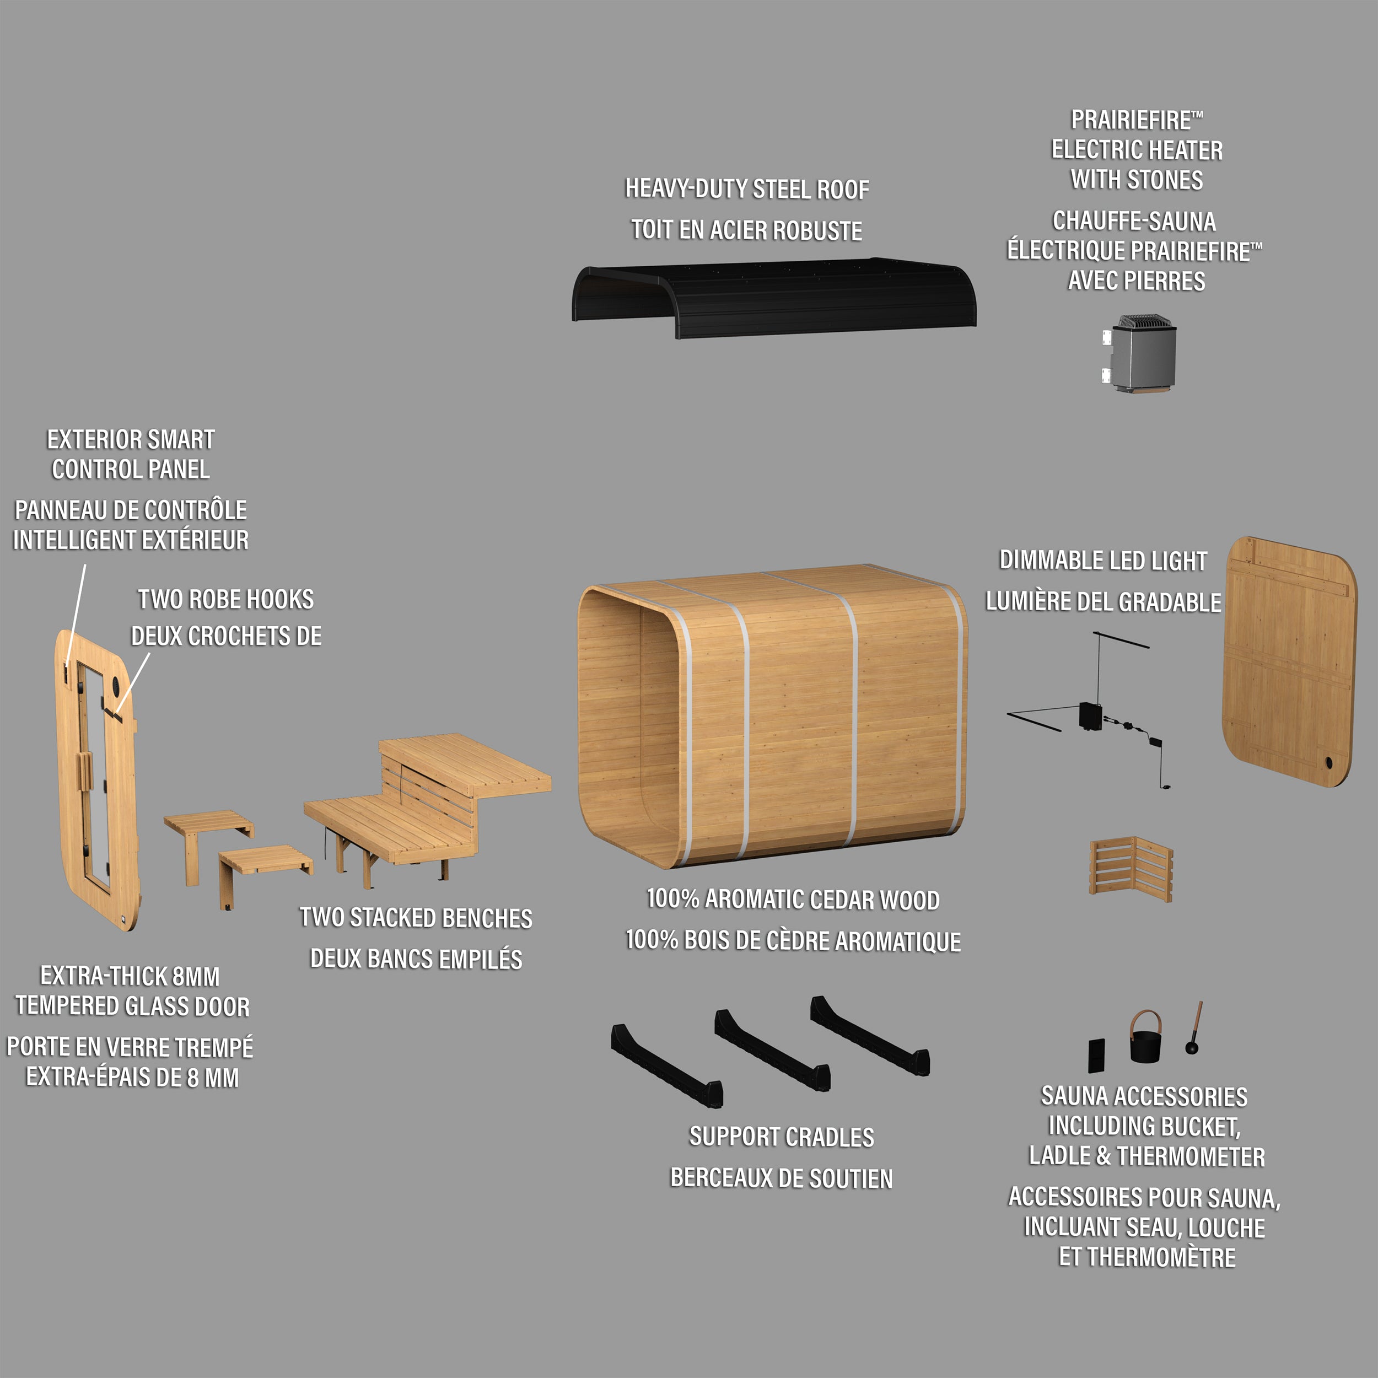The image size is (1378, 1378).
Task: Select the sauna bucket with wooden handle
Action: pyautogui.click(x=1145, y=1041)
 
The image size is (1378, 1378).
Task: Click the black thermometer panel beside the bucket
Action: pyautogui.click(x=1096, y=1055)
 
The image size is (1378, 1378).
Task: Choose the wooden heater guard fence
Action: pyautogui.click(x=1131, y=868)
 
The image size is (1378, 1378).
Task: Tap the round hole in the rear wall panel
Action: pyautogui.click(x=1328, y=762)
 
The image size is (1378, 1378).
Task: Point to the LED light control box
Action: pyautogui.click(x=1089, y=716)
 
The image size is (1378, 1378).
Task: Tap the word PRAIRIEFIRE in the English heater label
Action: pyautogui.click(x=1131, y=120)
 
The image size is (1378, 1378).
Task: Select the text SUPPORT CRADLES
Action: pyautogui.click(x=781, y=1137)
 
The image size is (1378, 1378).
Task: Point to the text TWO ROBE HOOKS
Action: pyautogui.click(x=225, y=599)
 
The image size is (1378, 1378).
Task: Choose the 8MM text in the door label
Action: pyautogui.click(x=196, y=976)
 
